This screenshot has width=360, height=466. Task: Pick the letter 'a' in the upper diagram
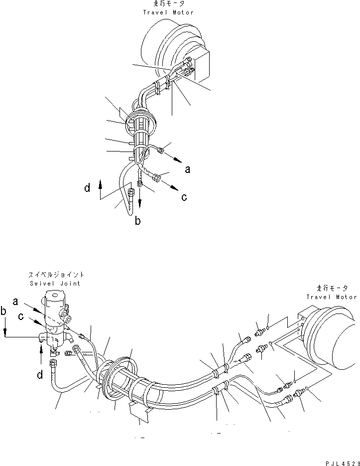point(187,169)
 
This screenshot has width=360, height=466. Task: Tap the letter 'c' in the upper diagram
point(184,197)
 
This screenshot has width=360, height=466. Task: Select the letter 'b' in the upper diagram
point(138,221)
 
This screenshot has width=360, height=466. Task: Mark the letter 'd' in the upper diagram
point(88,188)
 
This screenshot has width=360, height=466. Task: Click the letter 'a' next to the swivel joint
point(16,301)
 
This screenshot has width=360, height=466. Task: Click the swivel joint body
point(54,319)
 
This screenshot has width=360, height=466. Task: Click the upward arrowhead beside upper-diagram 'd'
point(101,183)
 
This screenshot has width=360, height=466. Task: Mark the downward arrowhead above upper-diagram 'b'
point(140,205)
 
